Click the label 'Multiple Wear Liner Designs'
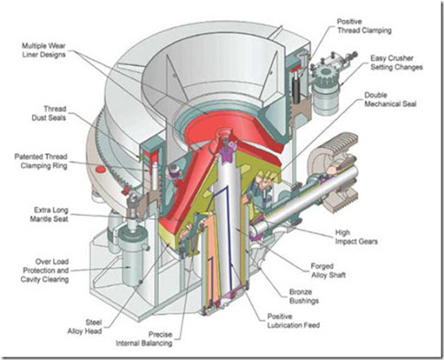pos(44,50)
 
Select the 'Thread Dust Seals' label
pos(49,114)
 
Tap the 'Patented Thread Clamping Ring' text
pos(41,161)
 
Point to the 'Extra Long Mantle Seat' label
pos(49,214)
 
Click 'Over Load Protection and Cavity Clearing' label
pos(45,271)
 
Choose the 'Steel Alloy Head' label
pos(85,327)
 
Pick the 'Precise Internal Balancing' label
pos(144,339)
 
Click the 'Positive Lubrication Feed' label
pos(293,321)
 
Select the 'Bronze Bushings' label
pos(304,297)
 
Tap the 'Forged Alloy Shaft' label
pos(328,271)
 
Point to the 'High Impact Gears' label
pos(356,237)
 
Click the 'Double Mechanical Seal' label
pos(390,100)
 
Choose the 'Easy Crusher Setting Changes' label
pos(396,62)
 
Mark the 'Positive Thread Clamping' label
pos(364,26)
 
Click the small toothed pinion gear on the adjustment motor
pos(326,75)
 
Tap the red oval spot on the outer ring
pos(100,169)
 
